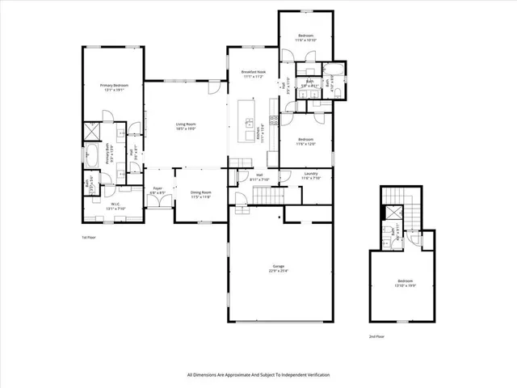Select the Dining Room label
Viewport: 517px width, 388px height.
[x=200, y=194]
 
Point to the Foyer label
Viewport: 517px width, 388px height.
[x=158, y=191]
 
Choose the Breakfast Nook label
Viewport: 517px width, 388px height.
[x=254, y=74]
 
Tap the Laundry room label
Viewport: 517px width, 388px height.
[x=311, y=176]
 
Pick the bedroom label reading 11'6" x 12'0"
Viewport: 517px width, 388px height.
[x=305, y=141]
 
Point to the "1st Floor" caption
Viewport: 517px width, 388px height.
[x=89, y=238]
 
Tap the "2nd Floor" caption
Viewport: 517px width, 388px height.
[x=376, y=335]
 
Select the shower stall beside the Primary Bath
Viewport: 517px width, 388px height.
[x=93, y=129]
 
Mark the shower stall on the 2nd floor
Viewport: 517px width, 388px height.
[x=391, y=213]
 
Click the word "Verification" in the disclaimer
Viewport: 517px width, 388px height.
[x=315, y=375]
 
